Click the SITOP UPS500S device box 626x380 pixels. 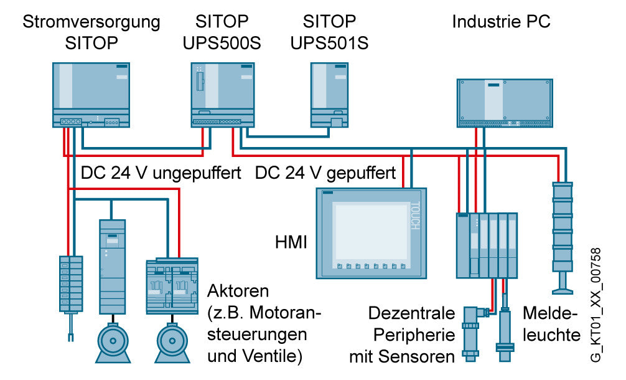[x=222, y=95]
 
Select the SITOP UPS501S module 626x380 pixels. [x=329, y=95]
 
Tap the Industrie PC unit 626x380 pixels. [x=505, y=103]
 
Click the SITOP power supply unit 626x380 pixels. [x=91, y=95]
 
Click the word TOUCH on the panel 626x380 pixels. [x=415, y=216]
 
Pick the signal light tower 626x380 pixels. [x=562, y=238]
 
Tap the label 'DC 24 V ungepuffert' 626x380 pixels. [x=161, y=173]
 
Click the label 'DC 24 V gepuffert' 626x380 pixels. [x=325, y=173]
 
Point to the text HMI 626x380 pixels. [x=291, y=242]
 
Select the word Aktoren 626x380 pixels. [x=238, y=291]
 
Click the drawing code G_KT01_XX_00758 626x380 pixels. [x=596, y=305]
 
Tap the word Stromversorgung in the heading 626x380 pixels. [x=91, y=22]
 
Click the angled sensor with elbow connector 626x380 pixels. [x=473, y=333]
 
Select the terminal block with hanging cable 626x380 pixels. [x=71, y=298]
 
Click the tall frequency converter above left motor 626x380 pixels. [x=112, y=267]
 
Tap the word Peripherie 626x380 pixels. [x=414, y=335]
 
